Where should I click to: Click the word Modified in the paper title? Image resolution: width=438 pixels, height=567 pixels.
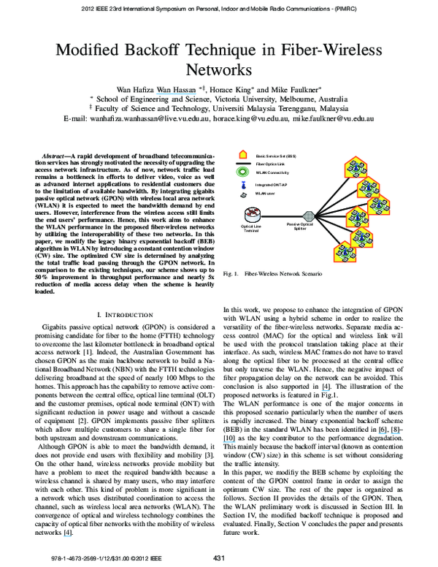(86, 51)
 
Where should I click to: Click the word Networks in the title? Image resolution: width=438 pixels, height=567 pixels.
(218, 71)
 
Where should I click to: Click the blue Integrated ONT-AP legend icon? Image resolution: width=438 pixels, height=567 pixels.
(242, 185)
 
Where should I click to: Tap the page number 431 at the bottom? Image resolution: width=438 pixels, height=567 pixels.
(218, 558)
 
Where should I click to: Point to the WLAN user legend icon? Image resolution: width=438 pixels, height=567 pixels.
(242, 194)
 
